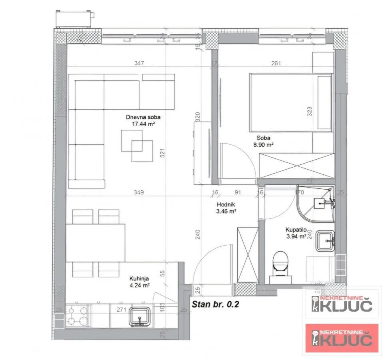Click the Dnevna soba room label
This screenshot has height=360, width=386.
[x=140, y=117]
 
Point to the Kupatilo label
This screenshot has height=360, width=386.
[x=296, y=230]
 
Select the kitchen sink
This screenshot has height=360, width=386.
[x=140, y=315]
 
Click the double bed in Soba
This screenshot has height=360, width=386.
[x=290, y=102]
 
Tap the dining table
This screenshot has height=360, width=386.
[x=96, y=243]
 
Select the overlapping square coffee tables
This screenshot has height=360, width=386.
[x=137, y=146]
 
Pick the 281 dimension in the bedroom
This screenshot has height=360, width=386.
[x=276, y=63]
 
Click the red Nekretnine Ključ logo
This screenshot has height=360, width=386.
[x=342, y=338]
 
